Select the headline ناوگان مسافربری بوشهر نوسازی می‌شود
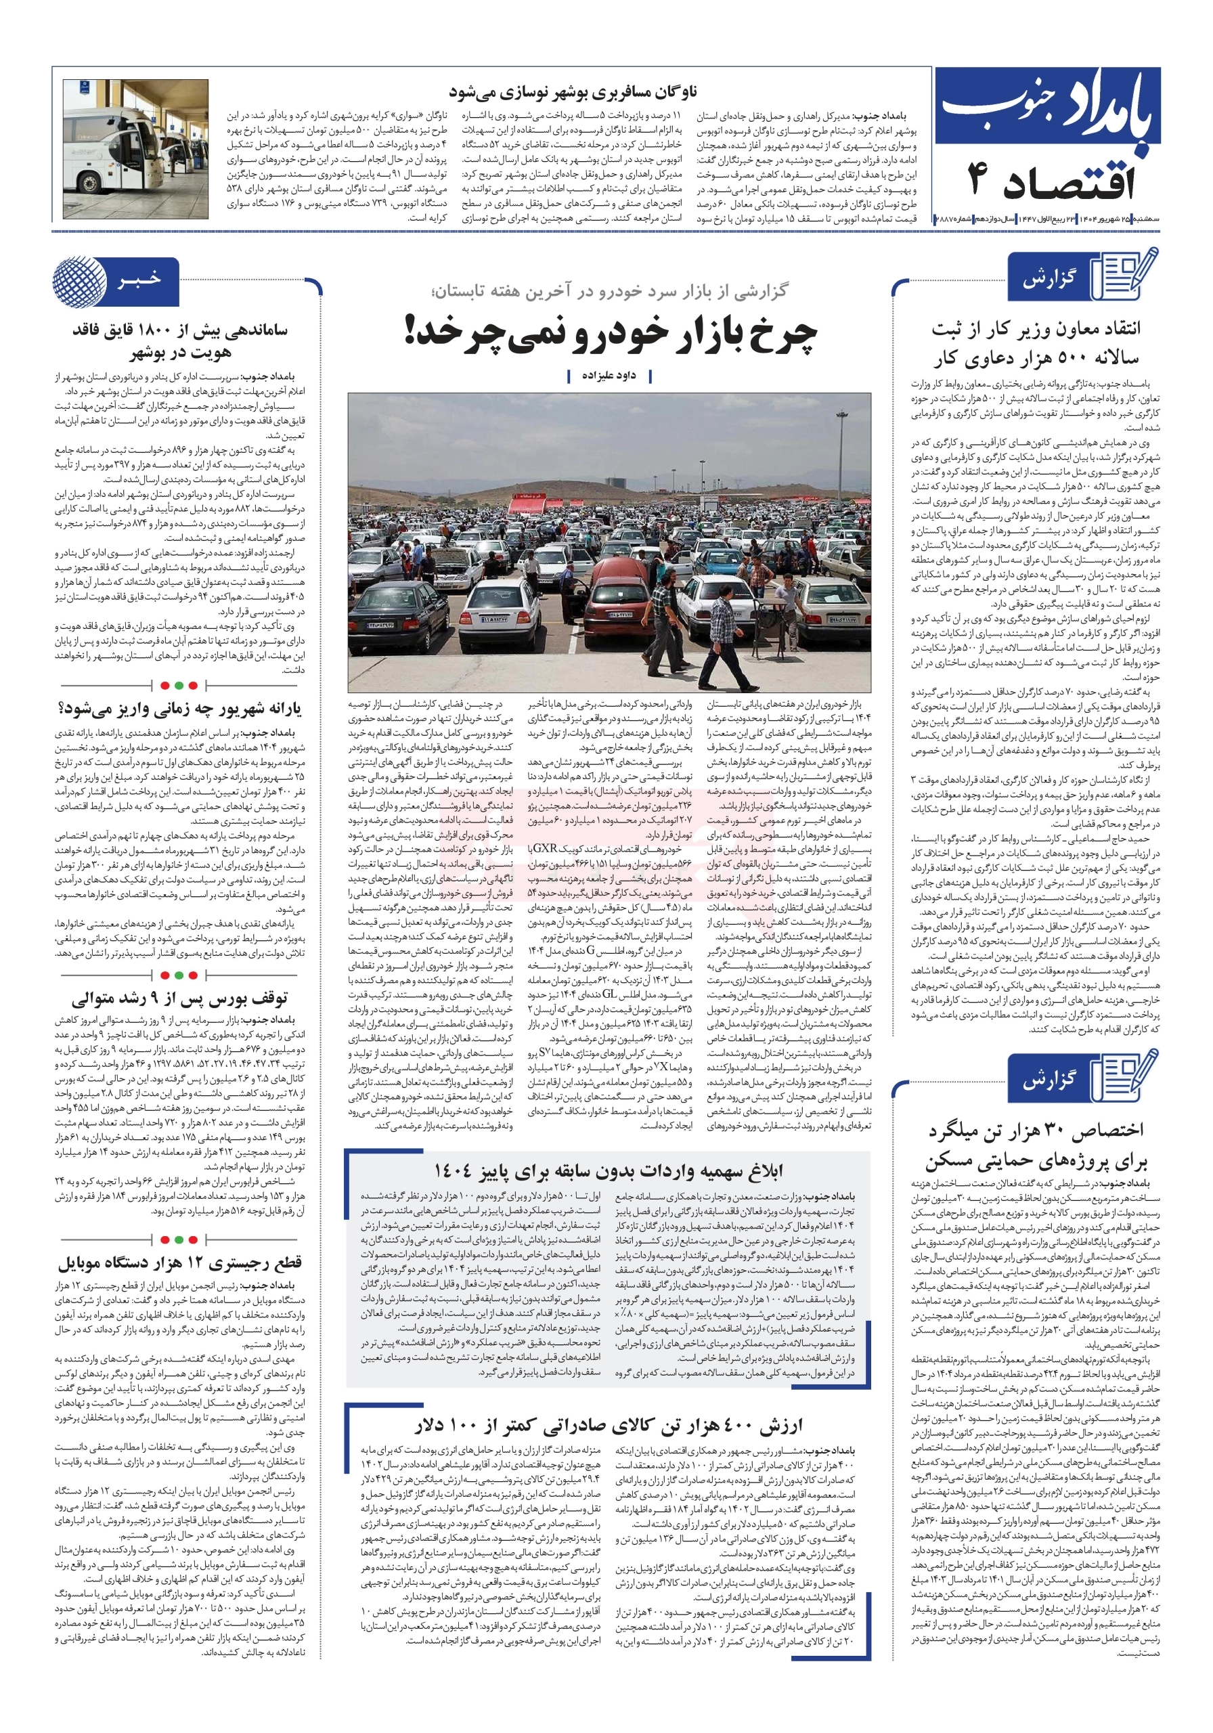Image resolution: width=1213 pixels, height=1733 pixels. coord(572,92)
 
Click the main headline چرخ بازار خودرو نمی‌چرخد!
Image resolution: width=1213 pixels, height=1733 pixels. coord(610,334)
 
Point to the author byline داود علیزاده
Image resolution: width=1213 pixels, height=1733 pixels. coord(609,375)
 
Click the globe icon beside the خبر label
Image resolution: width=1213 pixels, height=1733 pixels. coord(79,282)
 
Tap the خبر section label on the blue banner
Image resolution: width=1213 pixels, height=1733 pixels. coord(139,280)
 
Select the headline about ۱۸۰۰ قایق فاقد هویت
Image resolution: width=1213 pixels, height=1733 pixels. coord(179,341)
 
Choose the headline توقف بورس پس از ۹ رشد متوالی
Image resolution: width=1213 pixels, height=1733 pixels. coord(179,999)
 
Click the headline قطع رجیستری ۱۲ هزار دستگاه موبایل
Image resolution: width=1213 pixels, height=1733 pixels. coord(179,1261)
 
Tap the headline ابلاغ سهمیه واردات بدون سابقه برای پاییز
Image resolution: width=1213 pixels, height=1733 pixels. coord(609,1170)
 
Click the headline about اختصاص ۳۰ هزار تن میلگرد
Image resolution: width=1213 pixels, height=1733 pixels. coord(1035,1144)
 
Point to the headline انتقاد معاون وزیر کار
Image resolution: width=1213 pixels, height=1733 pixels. coord(1035,343)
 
